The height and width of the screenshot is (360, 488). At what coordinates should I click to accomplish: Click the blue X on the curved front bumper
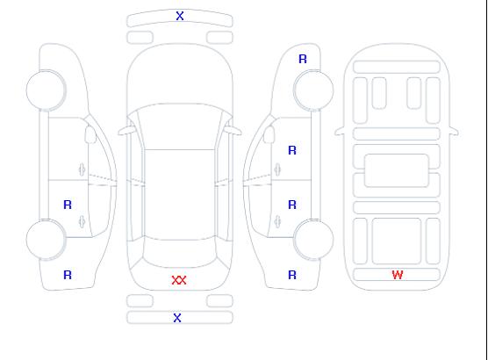[180, 16]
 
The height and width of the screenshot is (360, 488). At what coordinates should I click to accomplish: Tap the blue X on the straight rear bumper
[177, 318]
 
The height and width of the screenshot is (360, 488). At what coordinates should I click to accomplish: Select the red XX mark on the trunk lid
[179, 280]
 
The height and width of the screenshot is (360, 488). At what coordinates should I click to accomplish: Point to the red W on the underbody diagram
[398, 275]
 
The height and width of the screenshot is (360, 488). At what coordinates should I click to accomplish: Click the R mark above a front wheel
[303, 59]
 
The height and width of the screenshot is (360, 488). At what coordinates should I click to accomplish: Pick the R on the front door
[292, 150]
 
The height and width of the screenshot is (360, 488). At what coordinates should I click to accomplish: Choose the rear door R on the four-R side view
[292, 205]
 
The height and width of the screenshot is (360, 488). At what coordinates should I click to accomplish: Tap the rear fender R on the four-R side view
[292, 275]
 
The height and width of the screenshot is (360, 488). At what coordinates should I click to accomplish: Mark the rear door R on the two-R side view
[68, 205]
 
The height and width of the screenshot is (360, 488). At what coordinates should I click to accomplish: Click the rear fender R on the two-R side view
[68, 275]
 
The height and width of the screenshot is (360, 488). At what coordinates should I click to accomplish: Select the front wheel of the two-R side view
[46, 90]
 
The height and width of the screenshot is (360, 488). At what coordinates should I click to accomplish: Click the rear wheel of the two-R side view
[46, 240]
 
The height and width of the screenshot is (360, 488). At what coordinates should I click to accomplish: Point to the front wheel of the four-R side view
[313, 90]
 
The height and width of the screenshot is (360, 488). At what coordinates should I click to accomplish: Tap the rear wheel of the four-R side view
[313, 240]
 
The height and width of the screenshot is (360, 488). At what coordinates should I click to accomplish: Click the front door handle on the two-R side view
[83, 169]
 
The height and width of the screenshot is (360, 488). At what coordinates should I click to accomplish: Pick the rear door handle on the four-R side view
[277, 221]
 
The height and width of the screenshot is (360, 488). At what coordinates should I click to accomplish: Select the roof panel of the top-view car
[180, 195]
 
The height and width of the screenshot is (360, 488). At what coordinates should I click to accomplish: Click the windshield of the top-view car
[180, 126]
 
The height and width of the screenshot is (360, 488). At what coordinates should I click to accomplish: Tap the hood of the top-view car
[180, 75]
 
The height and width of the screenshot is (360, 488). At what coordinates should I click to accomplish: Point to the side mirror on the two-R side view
[90, 134]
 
